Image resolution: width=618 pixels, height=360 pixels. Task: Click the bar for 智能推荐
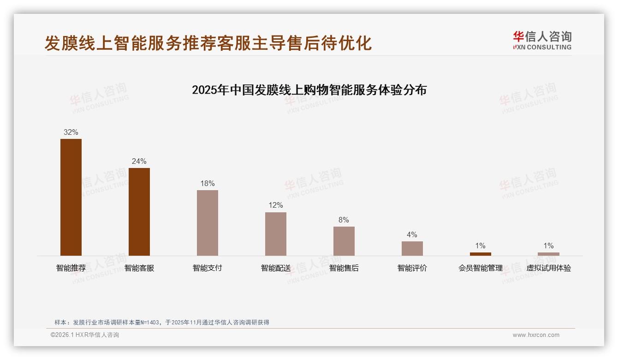coord(71,197)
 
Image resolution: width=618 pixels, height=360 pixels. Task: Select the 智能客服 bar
coord(139,212)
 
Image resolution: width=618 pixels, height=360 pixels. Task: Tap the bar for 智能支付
coord(208,223)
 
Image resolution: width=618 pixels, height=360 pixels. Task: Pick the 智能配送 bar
coord(276,234)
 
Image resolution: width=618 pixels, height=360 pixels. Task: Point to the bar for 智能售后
coord(344,241)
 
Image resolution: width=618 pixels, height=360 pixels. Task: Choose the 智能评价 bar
coord(412,248)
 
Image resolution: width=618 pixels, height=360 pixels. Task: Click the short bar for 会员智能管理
coord(480,254)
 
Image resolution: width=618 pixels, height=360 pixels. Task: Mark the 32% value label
coord(71,132)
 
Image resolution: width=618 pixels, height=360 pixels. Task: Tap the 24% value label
coord(139,161)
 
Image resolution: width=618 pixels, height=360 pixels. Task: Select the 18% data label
coord(208,183)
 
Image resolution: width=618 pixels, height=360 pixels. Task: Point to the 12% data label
coord(276,205)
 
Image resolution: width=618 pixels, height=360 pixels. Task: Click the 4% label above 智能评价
coord(412,234)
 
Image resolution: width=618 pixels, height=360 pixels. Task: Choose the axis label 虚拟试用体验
coord(548,268)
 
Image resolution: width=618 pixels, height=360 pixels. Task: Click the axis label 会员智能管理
coord(480,268)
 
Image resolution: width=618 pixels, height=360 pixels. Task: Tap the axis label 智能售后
coord(344,268)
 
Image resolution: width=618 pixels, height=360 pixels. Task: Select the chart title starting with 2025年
coord(309,90)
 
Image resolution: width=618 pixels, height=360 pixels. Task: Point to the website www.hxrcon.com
coord(536,335)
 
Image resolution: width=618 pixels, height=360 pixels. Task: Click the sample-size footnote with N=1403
coord(162,323)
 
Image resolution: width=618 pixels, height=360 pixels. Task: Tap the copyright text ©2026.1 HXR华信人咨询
coord(85,335)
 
